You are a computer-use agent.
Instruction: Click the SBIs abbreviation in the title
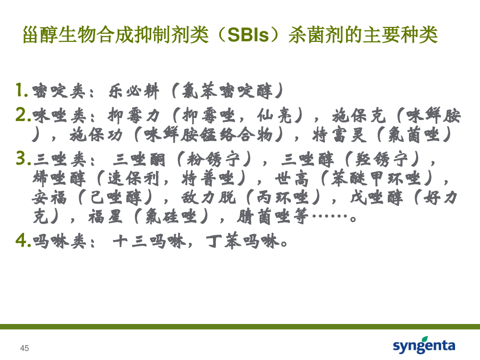click(248, 35)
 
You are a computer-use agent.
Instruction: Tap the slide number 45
click(24, 348)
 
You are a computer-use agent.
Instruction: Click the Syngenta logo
click(424, 345)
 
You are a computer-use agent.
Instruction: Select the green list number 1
click(22, 90)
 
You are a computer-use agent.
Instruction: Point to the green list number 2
click(23, 115)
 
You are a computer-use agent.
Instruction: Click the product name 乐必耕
click(134, 91)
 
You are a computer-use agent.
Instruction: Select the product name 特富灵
click(339, 135)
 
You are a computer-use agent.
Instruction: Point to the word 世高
click(292, 179)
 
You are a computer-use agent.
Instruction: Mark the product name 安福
click(49, 197)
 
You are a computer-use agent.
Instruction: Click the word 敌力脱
click(208, 197)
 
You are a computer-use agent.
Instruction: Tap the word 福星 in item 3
click(105, 217)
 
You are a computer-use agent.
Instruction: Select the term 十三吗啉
click(149, 241)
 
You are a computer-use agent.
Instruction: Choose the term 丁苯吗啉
click(243, 241)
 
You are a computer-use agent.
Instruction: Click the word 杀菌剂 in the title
click(316, 35)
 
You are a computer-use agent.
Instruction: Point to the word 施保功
click(96, 135)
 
